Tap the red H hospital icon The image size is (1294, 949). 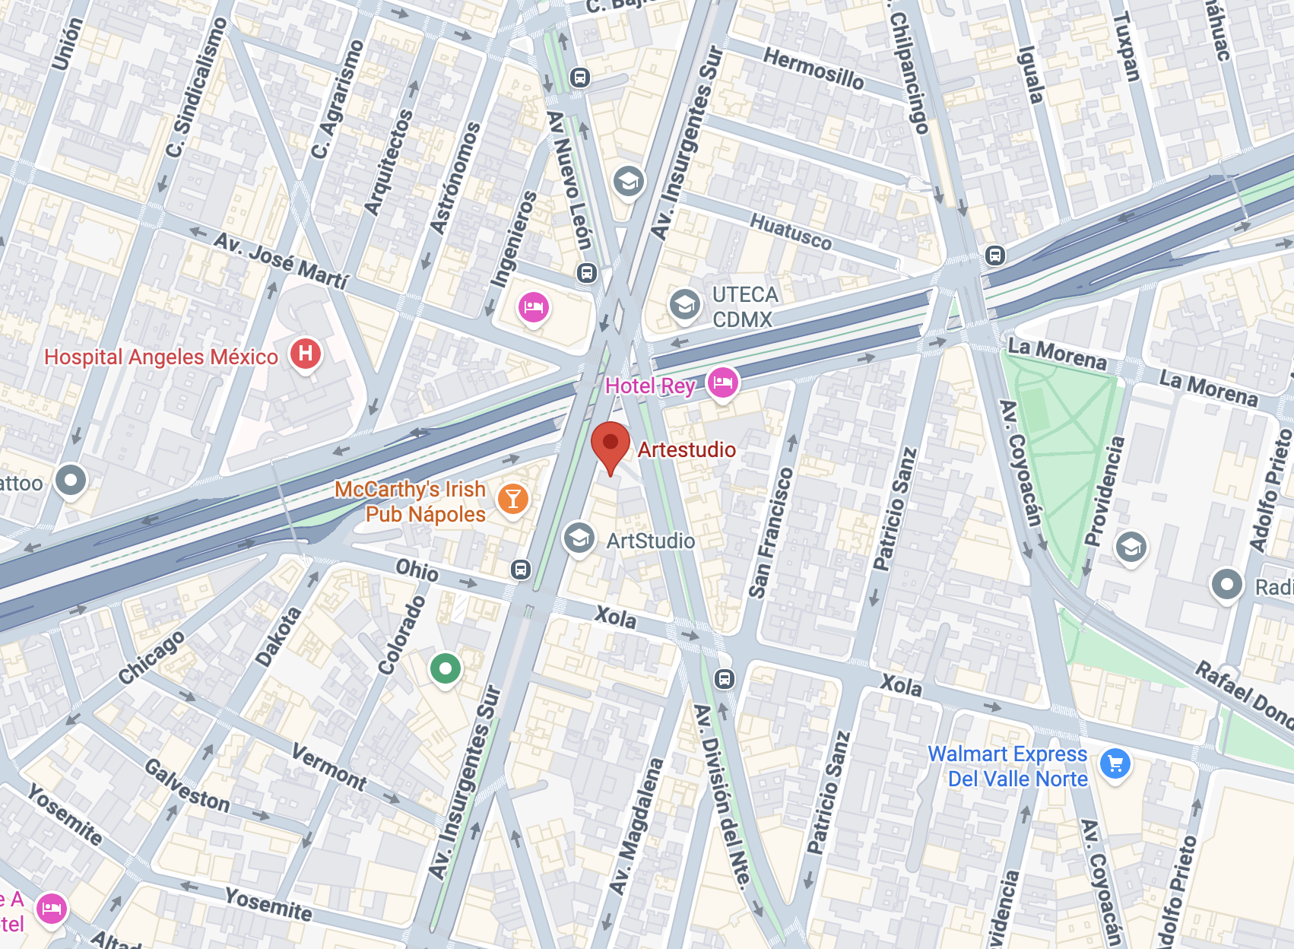pyautogui.click(x=306, y=354)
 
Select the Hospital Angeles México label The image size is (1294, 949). pyautogui.click(x=161, y=357)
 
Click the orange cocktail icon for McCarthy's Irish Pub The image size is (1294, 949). pyautogui.click(x=513, y=499)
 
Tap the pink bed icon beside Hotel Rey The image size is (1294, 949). pyautogui.click(x=722, y=382)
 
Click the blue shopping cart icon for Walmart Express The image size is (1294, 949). pyautogui.click(x=1115, y=764)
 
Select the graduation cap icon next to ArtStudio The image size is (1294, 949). pyautogui.click(x=579, y=538)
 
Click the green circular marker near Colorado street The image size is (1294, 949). pyautogui.click(x=445, y=669)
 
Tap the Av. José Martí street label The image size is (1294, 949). pyautogui.click(x=281, y=261)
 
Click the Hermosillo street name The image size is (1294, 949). pyautogui.click(x=814, y=68)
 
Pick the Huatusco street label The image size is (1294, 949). pyautogui.click(x=791, y=231)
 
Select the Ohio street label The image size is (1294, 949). pyautogui.click(x=417, y=570)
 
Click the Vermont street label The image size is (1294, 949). pyautogui.click(x=329, y=767)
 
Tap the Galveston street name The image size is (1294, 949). pyautogui.click(x=187, y=786)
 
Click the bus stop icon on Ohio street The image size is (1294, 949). pyautogui.click(x=521, y=570)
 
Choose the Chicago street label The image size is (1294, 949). pyautogui.click(x=151, y=657)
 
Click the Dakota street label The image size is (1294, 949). pyautogui.click(x=278, y=637)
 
